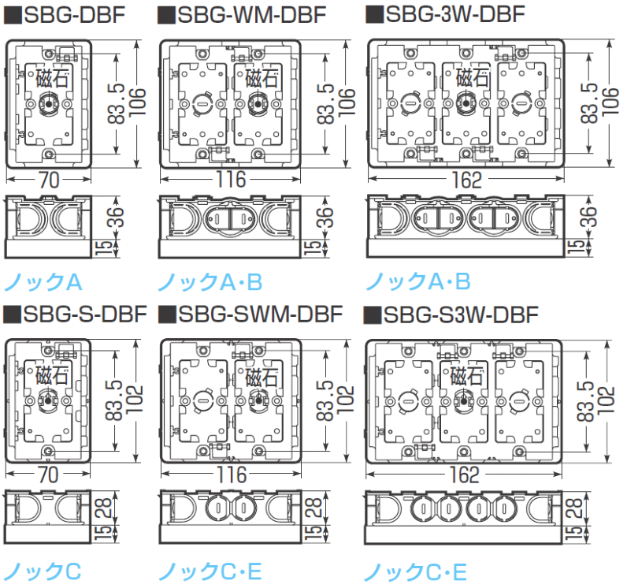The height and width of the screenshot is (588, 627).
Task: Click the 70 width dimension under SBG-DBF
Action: point(49,180)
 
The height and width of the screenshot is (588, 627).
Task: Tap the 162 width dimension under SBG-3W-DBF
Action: point(466,180)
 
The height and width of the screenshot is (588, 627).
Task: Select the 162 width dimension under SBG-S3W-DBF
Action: point(466,474)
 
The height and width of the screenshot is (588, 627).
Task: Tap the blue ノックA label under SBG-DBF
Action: point(43,281)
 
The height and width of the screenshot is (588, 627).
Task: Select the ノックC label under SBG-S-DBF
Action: point(43,570)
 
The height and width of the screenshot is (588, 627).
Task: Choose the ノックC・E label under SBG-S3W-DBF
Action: point(417,570)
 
